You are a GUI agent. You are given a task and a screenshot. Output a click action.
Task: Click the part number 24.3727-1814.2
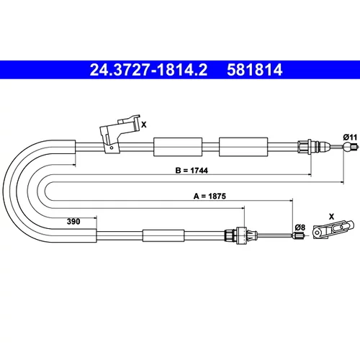[x=148, y=70]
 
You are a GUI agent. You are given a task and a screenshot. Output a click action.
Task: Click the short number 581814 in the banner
[x=255, y=70]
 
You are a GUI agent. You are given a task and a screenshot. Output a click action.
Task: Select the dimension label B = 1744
[x=192, y=171]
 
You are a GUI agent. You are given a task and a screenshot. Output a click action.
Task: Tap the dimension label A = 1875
[x=210, y=196]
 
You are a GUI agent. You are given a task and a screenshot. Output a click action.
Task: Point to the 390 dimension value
[x=73, y=221]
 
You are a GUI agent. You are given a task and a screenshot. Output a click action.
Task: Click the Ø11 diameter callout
[x=350, y=138]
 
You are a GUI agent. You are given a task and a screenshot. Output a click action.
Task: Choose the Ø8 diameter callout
[x=300, y=227]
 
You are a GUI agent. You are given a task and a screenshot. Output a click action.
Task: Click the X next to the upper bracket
[x=144, y=125]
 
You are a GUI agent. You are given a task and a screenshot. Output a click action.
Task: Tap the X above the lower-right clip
[x=331, y=217]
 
